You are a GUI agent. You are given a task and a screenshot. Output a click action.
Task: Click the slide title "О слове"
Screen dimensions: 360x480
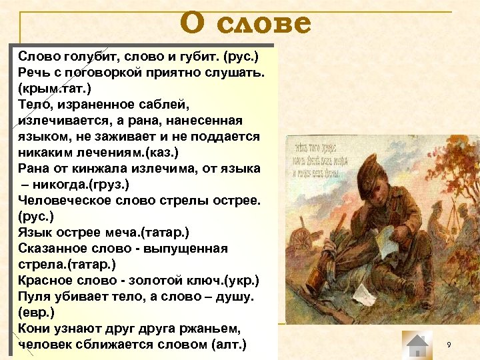245,24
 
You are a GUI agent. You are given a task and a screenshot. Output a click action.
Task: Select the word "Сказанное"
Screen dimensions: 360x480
56,248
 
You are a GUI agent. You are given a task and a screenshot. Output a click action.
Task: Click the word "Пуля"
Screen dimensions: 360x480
35,296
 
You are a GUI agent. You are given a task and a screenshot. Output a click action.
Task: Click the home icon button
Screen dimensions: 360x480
418,345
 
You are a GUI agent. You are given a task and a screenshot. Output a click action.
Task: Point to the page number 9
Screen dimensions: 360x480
449,344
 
